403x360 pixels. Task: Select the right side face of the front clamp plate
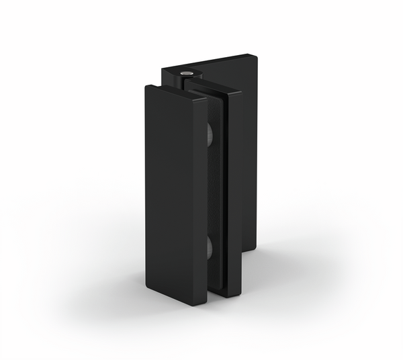199,201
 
